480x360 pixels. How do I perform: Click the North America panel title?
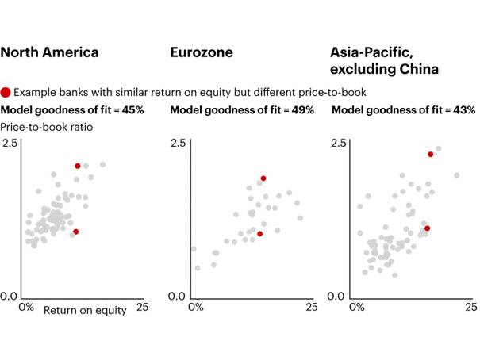click(x=50, y=53)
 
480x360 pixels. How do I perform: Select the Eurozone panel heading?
click(x=202, y=53)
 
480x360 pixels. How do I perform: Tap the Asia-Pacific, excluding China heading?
click(x=383, y=61)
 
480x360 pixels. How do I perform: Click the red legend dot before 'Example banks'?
click(x=6, y=92)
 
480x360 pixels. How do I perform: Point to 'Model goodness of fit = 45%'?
click(x=72, y=109)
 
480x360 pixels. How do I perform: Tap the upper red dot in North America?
click(x=78, y=166)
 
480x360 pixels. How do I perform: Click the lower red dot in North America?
click(x=75, y=232)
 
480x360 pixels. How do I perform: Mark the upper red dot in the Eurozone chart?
click(x=263, y=178)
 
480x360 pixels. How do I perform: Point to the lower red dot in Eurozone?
click(x=259, y=234)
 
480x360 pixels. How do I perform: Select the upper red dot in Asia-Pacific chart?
click(x=431, y=154)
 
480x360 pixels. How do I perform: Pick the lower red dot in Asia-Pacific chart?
click(x=427, y=228)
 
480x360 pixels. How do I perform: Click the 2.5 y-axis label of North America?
click(x=10, y=143)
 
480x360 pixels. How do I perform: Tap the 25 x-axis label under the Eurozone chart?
click(x=304, y=306)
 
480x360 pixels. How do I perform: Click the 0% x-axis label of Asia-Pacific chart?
click(x=356, y=306)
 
